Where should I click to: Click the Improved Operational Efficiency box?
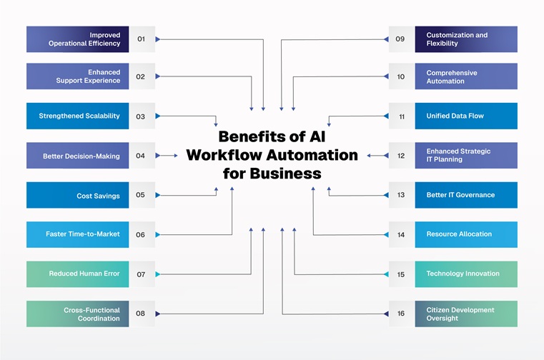coord(78,39)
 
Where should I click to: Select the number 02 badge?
coord(141,76)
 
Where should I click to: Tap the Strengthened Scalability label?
coord(79,116)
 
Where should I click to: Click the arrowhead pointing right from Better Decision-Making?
coord(175,155)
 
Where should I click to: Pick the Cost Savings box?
coord(78,195)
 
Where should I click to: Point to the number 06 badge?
coord(141,234)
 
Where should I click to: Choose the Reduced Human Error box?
coord(78,274)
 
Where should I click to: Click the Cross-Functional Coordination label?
coord(78,314)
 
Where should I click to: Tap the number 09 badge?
coord(401,39)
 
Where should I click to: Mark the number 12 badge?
coord(401,155)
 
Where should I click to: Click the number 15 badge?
coord(401,274)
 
